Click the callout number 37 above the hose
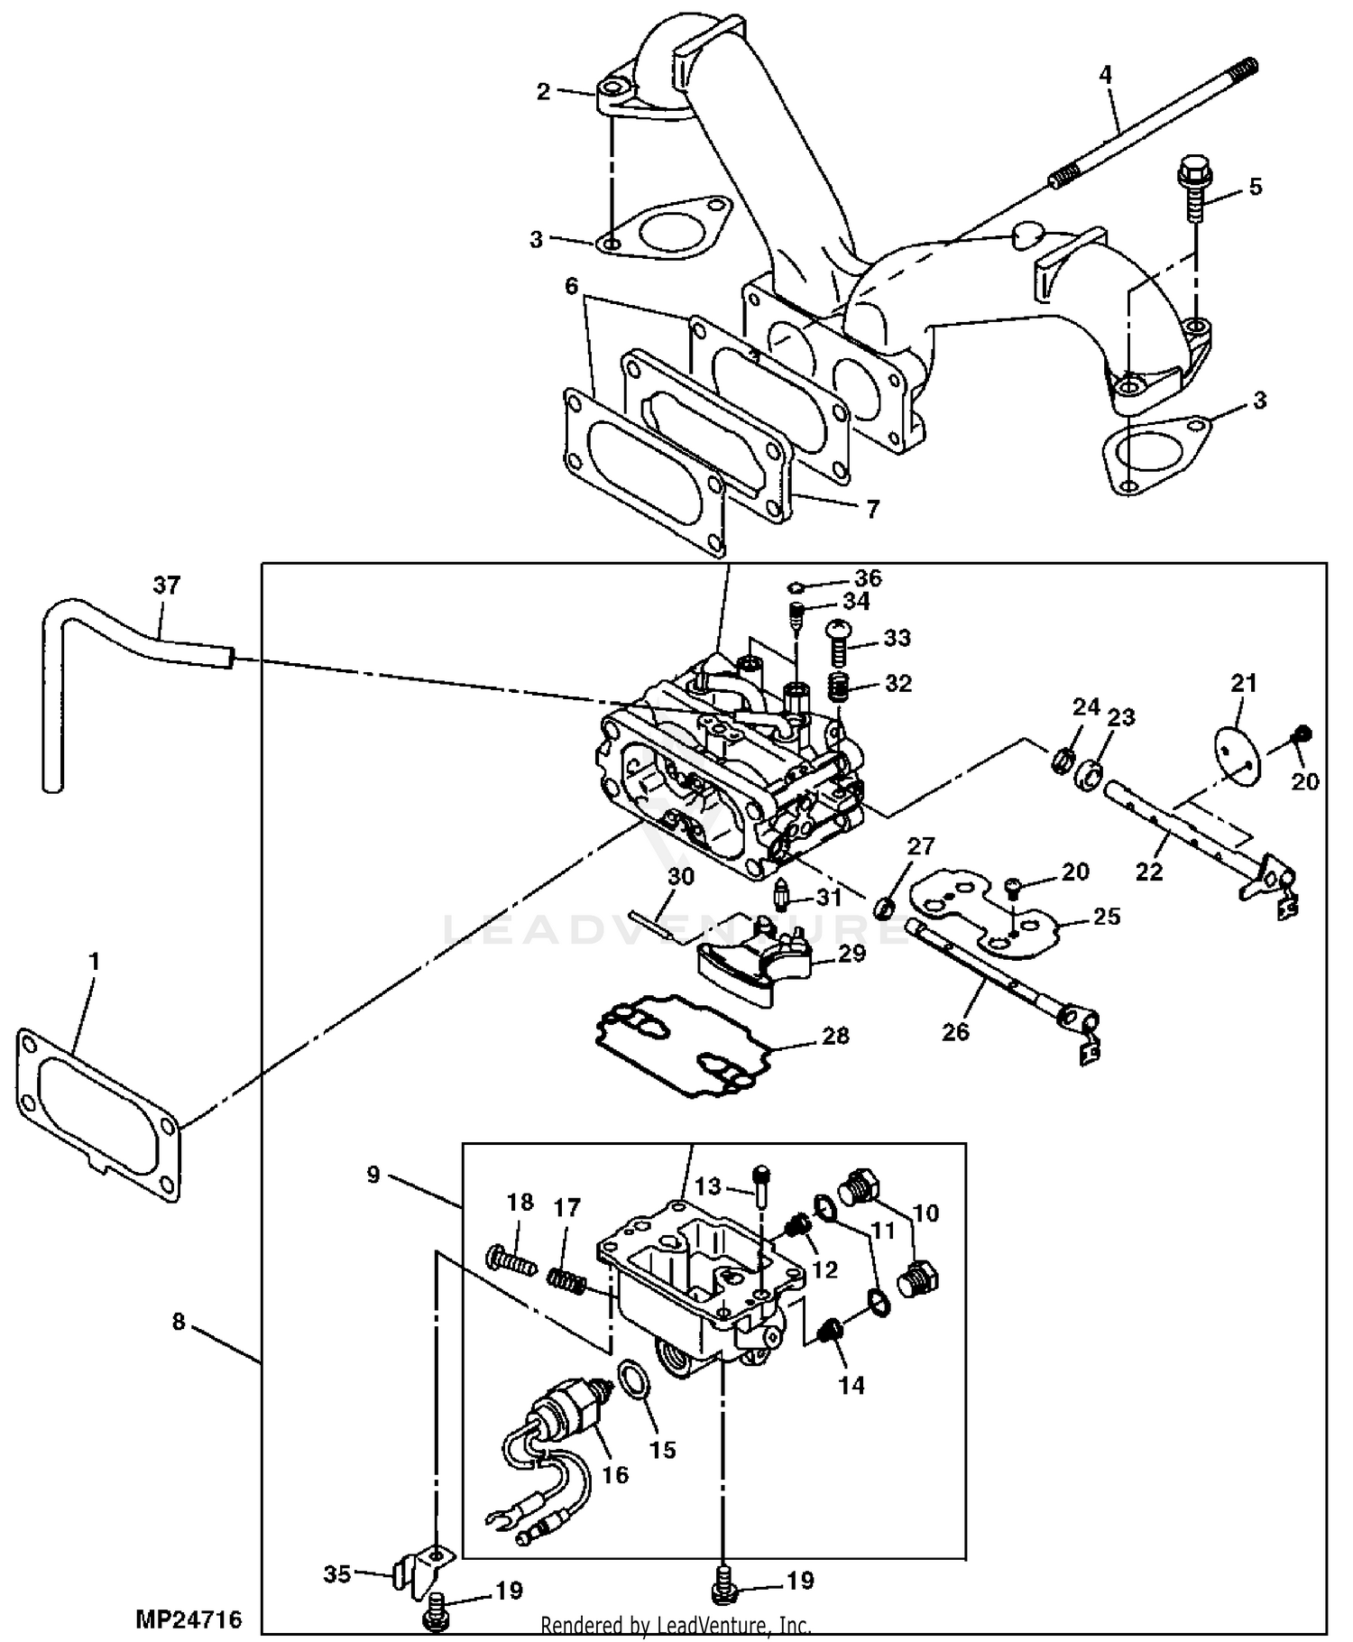[x=167, y=586]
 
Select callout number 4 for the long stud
[x=1106, y=75]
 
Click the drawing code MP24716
[x=189, y=1619]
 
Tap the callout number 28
[x=835, y=1035]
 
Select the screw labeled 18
[x=511, y=1257]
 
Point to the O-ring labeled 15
[x=631, y=1381]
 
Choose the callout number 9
[x=373, y=1175]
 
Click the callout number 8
[x=179, y=1322]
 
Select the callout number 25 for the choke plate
[x=1106, y=917]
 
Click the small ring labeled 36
[x=797, y=587]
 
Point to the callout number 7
[x=872, y=510]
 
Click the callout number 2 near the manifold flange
[x=543, y=92]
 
